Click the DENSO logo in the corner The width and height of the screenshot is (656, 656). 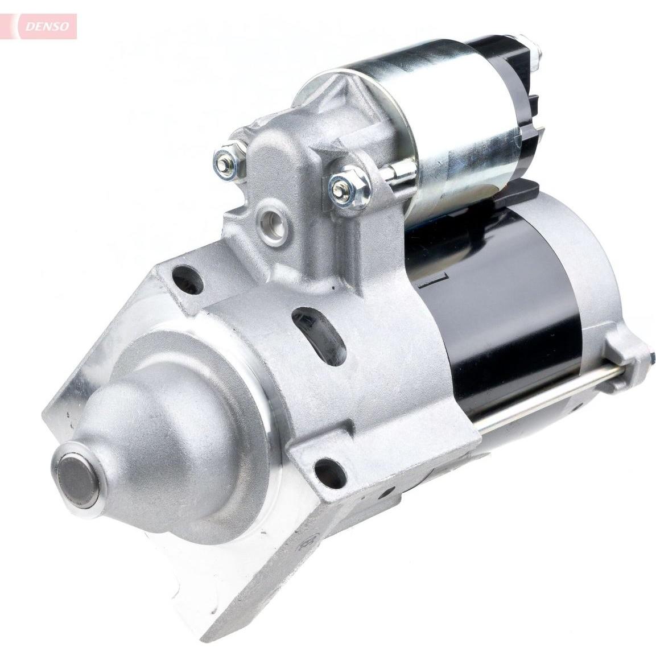click(x=47, y=26)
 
